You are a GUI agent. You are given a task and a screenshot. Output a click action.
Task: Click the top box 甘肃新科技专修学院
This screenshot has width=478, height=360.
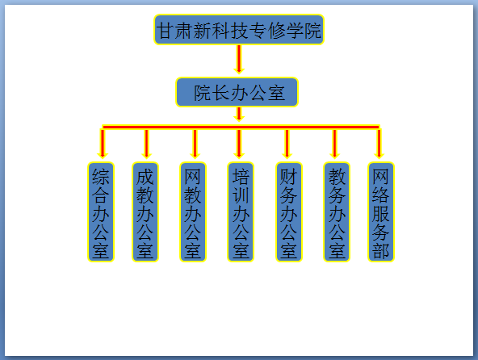point(239,30)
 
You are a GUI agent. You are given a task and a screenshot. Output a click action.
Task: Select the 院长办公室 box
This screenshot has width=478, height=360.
point(237,92)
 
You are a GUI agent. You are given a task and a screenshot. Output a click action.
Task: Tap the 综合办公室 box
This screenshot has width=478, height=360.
point(101,211)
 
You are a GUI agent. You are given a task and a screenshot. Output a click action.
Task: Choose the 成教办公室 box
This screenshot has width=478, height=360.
point(145,211)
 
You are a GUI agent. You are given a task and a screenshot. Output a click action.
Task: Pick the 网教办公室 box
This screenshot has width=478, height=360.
point(193,211)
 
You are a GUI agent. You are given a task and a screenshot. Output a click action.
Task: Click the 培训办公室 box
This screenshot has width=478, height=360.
point(241,211)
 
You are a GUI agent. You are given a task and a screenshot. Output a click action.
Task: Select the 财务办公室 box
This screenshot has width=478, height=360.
point(289,211)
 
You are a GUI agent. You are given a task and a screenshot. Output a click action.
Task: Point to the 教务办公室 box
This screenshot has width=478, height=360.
point(337,211)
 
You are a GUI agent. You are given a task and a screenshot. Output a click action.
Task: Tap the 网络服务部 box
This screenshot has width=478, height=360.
point(381,211)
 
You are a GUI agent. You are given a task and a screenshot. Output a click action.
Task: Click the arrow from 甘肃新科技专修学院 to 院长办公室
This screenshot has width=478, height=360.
point(239,60)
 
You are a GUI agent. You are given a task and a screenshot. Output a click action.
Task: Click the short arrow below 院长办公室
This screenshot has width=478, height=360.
point(239,115)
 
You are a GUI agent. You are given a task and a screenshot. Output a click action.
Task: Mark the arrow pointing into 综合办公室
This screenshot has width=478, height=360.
point(103,143)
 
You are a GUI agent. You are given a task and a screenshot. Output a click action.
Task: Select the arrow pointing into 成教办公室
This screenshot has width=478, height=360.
point(146,144)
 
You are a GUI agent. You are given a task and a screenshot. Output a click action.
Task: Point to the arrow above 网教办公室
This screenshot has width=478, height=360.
point(195,144)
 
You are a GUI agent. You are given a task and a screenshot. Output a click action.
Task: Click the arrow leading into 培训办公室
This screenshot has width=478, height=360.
point(239,144)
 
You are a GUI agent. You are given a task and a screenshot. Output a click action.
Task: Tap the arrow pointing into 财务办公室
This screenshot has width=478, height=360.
point(287,144)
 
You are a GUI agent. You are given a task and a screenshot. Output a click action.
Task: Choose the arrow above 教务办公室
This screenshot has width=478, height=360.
point(334,144)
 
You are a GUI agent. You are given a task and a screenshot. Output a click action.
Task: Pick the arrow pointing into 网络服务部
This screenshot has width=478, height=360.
point(379,143)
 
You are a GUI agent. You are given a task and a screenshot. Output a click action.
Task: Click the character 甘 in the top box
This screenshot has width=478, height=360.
point(165,31)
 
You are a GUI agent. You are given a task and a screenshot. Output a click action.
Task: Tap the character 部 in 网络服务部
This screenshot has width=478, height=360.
point(381,251)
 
